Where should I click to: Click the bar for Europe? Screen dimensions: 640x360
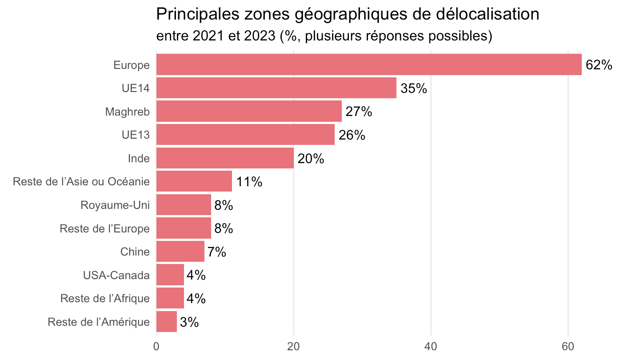(369, 64)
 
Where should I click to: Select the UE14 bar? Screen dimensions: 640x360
(276, 88)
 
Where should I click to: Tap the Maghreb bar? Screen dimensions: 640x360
(249, 111)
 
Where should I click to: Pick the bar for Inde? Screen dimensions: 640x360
(225, 158)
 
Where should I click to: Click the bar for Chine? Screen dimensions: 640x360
(180, 252)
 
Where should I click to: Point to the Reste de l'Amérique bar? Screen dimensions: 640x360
(167, 322)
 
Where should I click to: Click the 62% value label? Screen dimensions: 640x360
(599, 65)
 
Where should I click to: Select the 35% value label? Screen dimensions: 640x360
(414, 88)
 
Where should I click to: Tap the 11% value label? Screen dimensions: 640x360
(249, 182)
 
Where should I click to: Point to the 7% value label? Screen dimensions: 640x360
(217, 252)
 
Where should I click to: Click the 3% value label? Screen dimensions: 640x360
(189, 322)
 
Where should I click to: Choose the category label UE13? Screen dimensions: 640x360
(136, 135)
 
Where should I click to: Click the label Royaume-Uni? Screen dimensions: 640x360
(115, 205)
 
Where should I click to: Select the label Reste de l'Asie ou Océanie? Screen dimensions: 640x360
(81, 182)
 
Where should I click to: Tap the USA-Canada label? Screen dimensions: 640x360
(116, 276)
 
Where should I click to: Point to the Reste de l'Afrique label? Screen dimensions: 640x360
(105, 299)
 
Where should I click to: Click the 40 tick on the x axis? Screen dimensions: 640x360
(431, 347)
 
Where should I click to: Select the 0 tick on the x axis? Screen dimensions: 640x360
(156, 347)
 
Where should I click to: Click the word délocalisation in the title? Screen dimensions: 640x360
(488, 14)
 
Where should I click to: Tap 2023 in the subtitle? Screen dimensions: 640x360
(260, 36)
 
